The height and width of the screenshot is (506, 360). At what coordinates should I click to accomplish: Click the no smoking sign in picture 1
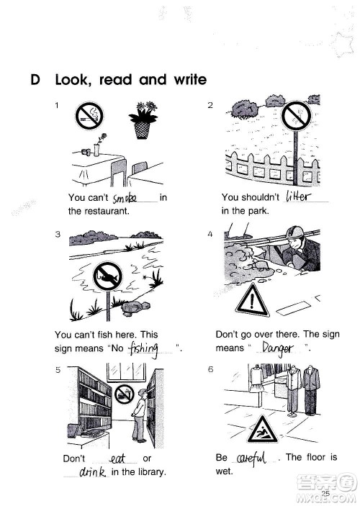(89, 116)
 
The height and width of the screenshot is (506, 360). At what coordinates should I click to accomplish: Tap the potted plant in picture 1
(143, 120)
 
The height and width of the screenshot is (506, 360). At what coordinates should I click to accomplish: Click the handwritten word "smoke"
(125, 198)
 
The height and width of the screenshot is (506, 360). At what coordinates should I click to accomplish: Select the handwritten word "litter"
(298, 196)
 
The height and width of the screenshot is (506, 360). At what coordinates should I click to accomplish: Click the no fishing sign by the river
(107, 276)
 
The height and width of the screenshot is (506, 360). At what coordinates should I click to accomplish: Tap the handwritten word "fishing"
(144, 348)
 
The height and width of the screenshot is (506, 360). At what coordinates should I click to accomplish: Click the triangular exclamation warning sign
(252, 300)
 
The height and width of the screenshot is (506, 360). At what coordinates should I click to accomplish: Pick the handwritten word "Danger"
(277, 348)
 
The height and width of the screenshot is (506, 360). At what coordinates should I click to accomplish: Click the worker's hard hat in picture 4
(294, 232)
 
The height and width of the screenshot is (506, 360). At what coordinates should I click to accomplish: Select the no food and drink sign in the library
(125, 394)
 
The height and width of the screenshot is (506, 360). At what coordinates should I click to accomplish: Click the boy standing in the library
(140, 415)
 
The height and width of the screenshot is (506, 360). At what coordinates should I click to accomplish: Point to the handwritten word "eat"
(118, 458)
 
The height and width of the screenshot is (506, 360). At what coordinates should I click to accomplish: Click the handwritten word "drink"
(93, 472)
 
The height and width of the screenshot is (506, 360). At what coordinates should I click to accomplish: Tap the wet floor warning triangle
(263, 430)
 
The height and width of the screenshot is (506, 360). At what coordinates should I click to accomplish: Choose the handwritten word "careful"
(251, 458)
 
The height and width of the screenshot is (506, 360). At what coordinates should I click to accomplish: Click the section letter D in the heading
(35, 80)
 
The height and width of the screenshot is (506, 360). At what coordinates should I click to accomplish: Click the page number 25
(325, 493)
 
